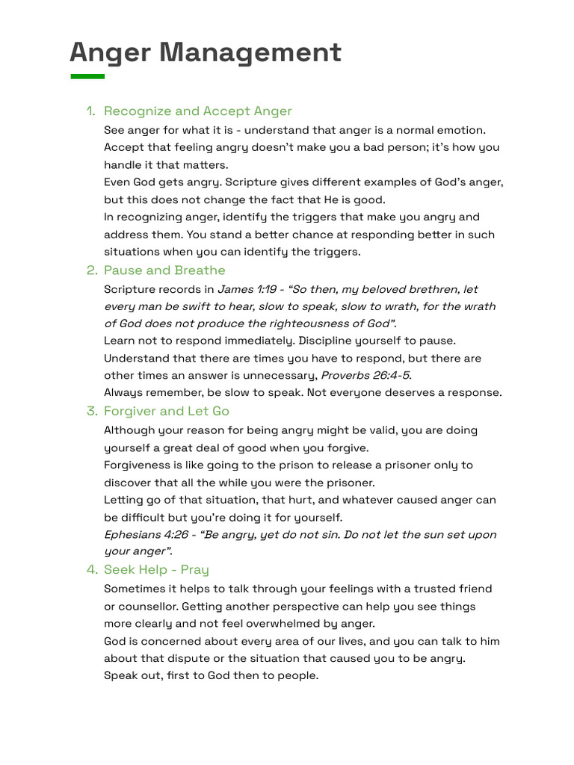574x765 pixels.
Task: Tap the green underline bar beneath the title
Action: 87,76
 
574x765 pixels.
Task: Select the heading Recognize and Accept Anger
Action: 198,111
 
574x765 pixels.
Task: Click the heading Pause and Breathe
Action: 164,270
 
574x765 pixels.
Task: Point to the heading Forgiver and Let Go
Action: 167,411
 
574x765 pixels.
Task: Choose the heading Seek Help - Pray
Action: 156,570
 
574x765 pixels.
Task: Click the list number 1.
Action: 90,111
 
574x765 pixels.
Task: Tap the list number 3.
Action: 91,411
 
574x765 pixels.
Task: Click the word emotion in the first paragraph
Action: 461,130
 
